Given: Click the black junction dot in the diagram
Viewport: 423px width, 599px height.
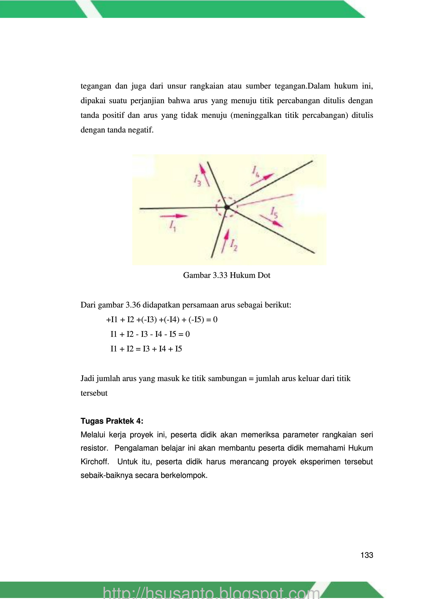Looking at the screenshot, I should point(227,207).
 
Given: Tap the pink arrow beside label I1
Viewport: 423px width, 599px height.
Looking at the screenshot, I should point(174,216).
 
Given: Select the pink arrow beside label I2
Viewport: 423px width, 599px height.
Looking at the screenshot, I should point(226,240).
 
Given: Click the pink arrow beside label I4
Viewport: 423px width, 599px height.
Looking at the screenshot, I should point(262,179).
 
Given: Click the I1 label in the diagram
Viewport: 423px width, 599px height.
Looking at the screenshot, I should point(172,226).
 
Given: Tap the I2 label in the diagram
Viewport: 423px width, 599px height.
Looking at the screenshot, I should point(234,245).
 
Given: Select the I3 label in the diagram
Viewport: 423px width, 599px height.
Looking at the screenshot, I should point(197,180).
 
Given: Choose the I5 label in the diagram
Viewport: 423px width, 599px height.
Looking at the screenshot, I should point(274,212).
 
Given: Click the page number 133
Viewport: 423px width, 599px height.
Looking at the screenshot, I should point(366,555).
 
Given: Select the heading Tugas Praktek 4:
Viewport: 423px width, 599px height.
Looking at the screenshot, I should point(112,421).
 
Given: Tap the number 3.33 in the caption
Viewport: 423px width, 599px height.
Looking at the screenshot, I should point(220,275).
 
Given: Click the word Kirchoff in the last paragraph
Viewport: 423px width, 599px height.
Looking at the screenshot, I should point(94,462).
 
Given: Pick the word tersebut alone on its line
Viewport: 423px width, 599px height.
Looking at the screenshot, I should point(94,393).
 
